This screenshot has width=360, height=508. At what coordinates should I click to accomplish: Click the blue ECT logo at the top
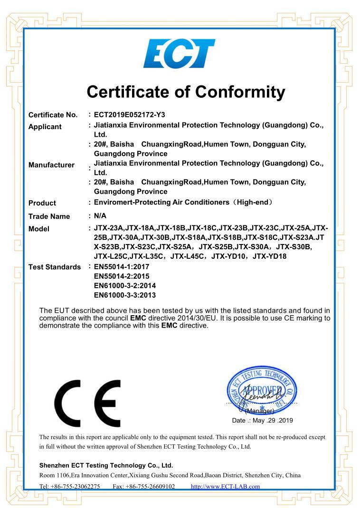point(179,54)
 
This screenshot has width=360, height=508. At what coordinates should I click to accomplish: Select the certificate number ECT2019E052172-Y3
point(130,114)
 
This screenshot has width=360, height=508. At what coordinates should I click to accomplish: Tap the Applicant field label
point(45,127)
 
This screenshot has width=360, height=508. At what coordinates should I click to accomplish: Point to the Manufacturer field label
point(51,165)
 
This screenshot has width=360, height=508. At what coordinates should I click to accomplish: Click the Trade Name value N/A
point(100,216)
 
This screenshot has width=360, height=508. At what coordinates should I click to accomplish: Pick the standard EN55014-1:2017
point(122,267)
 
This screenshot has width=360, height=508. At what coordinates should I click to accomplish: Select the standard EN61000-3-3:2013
point(125,295)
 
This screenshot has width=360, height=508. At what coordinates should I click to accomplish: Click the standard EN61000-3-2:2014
point(125,285)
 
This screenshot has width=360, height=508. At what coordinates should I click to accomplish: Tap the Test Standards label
point(55,267)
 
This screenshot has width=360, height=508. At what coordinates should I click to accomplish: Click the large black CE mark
point(87,403)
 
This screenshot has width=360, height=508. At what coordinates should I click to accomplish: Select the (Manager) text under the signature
point(260,411)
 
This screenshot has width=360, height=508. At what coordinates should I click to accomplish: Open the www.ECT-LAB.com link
point(225,486)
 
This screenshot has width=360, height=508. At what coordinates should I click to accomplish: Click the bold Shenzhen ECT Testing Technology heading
point(106,465)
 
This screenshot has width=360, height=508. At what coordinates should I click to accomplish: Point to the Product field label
point(42,203)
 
